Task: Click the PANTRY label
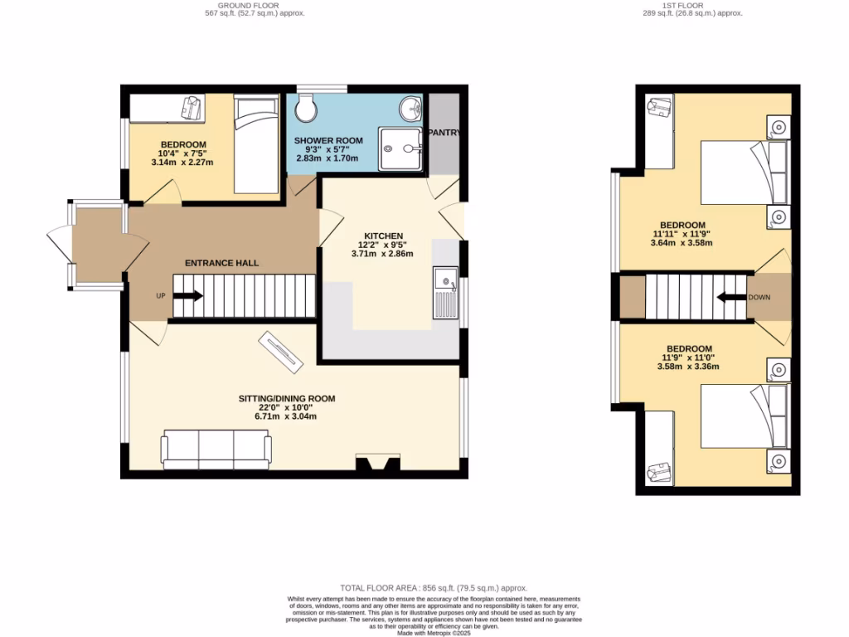click(x=444, y=133)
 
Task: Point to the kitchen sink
click(x=444, y=294)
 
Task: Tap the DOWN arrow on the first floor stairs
click(x=730, y=297)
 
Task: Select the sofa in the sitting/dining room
click(x=216, y=449)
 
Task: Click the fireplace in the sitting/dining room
click(x=376, y=464)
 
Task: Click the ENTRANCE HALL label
click(x=221, y=263)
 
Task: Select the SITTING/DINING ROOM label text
click(x=287, y=399)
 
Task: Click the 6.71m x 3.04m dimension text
click(x=287, y=416)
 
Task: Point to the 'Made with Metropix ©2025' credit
click(x=434, y=632)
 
